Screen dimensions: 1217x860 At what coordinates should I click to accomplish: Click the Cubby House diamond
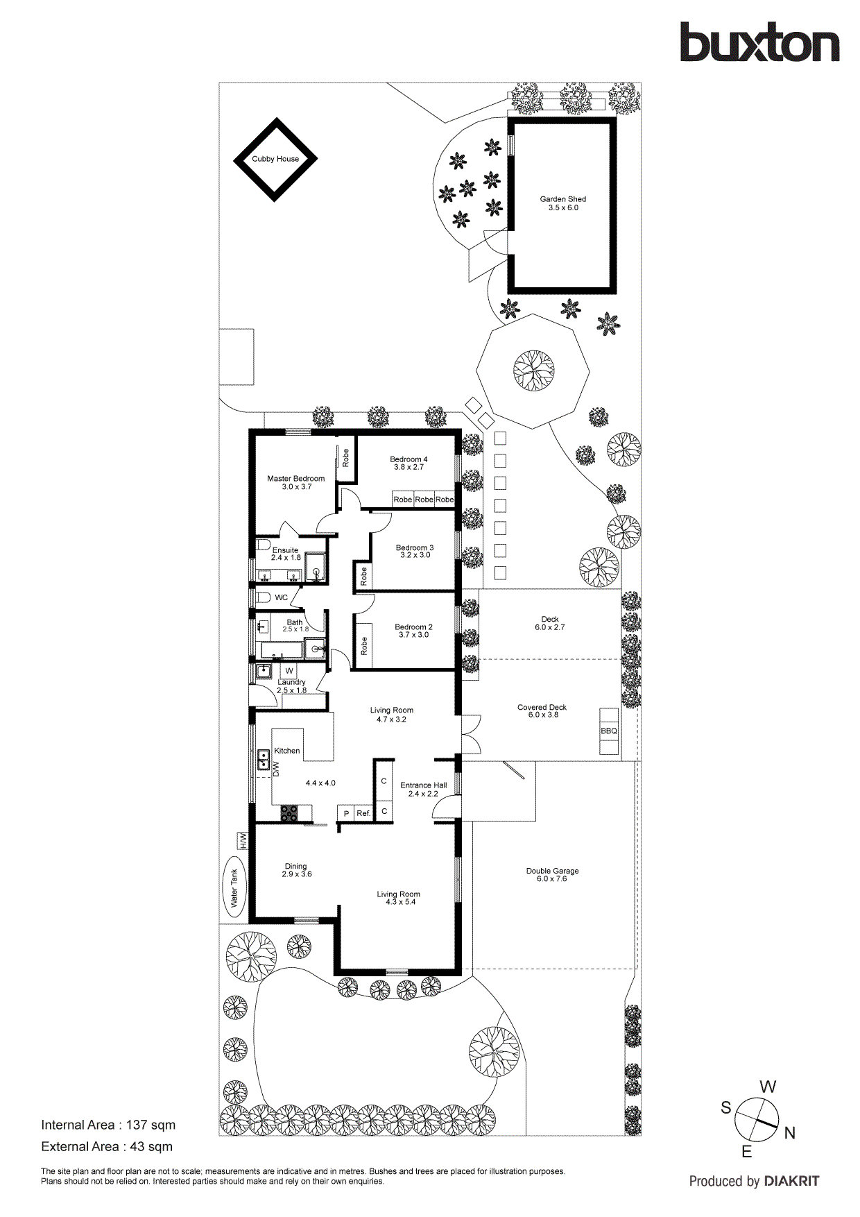click(275, 159)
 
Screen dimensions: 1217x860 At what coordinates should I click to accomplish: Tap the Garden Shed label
click(563, 199)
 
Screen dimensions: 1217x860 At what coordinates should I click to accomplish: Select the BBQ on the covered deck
click(609, 731)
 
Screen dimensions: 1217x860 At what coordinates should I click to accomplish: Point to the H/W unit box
click(243, 840)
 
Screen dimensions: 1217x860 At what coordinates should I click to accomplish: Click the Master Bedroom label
click(296, 479)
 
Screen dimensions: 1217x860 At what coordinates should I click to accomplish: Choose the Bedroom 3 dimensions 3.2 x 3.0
click(415, 555)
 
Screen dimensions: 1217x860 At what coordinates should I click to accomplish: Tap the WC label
click(281, 597)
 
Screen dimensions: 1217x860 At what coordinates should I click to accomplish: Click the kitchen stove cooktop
click(289, 813)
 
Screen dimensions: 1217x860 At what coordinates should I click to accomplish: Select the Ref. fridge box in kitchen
click(363, 813)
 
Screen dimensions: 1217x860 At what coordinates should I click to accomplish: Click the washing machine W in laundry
click(289, 671)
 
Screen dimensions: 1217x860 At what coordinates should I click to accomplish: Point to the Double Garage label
click(552, 871)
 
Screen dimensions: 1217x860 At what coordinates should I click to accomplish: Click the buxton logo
click(759, 43)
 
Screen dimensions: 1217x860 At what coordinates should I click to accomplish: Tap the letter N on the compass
click(789, 1134)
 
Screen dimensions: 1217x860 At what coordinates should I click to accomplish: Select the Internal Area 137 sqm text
click(108, 1125)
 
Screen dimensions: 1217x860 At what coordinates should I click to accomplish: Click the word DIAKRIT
click(791, 1181)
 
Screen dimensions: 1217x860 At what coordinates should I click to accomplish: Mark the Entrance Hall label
click(423, 785)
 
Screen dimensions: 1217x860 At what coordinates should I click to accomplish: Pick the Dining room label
click(295, 866)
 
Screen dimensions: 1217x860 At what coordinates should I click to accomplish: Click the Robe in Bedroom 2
click(363, 647)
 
